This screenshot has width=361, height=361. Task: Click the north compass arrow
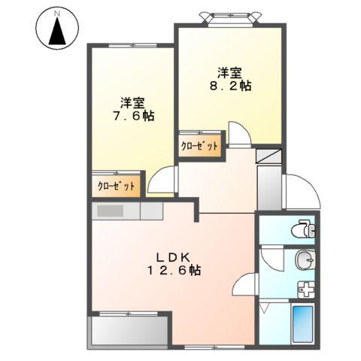click(x=56, y=30)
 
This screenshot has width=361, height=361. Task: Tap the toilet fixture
click(x=304, y=227)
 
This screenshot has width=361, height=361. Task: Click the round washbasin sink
click(x=304, y=261)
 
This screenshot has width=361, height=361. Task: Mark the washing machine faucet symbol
click(x=305, y=289)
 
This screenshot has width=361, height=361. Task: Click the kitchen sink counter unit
click(x=128, y=210)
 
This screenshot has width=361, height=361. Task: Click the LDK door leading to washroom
click(x=244, y=284)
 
